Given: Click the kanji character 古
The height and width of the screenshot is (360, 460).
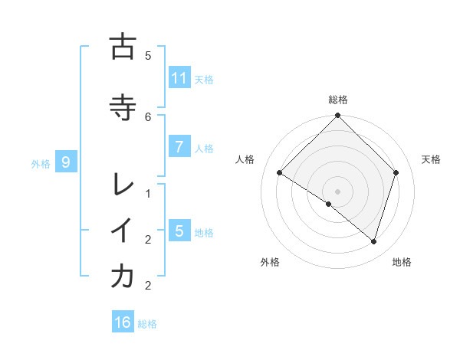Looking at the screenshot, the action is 123,47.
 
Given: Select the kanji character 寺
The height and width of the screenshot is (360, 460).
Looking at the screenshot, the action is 123,107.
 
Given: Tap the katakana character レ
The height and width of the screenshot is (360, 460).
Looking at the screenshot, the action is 123,184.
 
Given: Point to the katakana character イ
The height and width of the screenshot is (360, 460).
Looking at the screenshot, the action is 123,231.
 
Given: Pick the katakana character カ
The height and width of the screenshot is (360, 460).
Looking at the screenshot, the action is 123,277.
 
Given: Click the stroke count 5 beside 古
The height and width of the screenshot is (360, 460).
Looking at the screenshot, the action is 148,55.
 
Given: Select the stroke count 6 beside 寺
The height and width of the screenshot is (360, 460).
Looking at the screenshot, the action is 148,116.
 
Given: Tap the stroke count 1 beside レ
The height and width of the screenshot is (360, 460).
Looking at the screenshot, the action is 148,193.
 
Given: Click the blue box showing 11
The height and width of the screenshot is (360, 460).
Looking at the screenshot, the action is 179,78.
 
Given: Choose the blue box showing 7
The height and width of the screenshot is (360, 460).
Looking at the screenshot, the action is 179,147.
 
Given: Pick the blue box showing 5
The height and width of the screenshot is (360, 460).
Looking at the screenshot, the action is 179,231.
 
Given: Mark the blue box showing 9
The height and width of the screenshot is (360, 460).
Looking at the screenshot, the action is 67,162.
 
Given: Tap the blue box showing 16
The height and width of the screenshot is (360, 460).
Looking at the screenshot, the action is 123,322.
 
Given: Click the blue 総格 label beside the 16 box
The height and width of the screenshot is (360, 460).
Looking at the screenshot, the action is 147,324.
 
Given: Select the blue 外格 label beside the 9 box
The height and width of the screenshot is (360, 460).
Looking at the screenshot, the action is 41,163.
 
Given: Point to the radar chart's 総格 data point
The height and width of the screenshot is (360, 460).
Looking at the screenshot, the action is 337,116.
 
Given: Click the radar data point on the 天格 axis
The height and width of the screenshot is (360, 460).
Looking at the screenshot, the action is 396,172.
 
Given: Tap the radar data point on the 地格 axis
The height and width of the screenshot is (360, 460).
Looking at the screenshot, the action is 374,241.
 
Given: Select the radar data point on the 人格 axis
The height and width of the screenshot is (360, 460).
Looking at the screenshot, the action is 280,173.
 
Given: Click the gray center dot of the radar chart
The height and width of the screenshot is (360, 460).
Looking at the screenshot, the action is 337,191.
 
